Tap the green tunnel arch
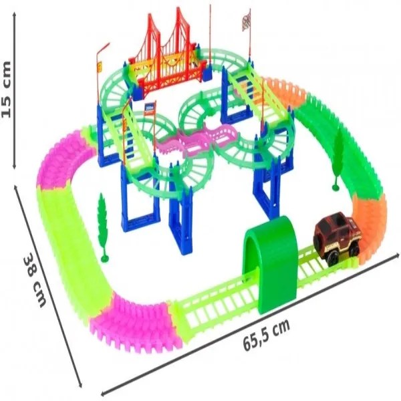tap(271, 263)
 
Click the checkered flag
tap(246, 23)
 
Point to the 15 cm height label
tap(7, 90)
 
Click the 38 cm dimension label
tap(35, 280)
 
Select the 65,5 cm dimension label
tap(266, 334)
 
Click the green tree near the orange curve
tap(337, 158)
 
